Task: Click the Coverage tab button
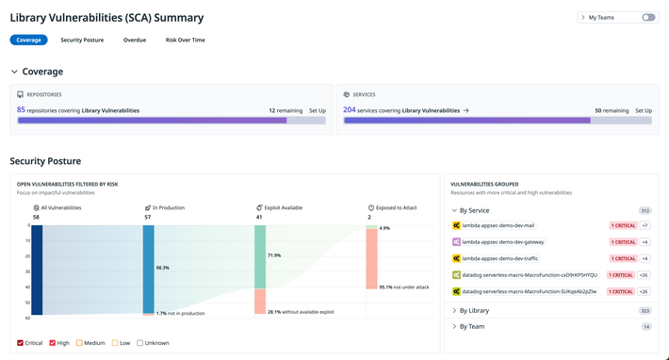pyautogui.click(x=28, y=40)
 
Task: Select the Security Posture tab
pyautogui.click(x=82, y=40)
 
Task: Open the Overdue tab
pyautogui.click(x=135, y=40)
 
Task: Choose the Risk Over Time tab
pyautogui.click(x=185, y=40)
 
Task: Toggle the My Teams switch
pyautogui.click(x=648, y=17)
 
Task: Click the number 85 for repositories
pyautogui.click(x=21, y=110)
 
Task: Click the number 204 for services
pyautogui.click(x=349, y=110)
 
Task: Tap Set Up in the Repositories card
pyautogui.click(x=317, y=110)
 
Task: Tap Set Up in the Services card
pyautogui.click(x=643, y=110)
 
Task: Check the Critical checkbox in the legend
pyautogui.click(x=22, y=343)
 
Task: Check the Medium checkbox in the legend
pyautogui.click(x=80, y=343)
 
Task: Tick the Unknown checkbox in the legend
pyautogui.click(x=140, y=343)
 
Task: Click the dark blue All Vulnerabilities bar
pyautogui.click(x=37, y=270)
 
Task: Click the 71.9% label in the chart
pyautogui.click(x=274, y=255)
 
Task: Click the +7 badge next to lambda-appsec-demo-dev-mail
pyautogui.click(x=645, y=225)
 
